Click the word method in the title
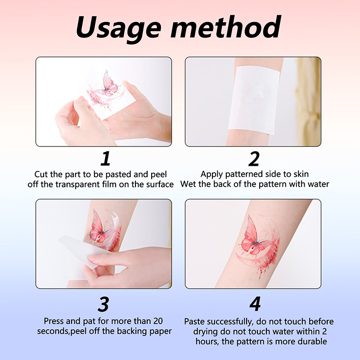click(x=226, y=27)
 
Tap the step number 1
click(x=106, y=158)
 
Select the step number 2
click(x=254, y=158)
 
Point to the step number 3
click(x=103, y=304)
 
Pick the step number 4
click(x=255, y=304)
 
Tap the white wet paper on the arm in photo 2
click(x=254, y=101)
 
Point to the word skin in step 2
click(x=300, y=174)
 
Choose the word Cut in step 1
click(x=41, y=174)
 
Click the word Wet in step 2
click(x=188, y=184)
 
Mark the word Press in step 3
click(x=54, y=321)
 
